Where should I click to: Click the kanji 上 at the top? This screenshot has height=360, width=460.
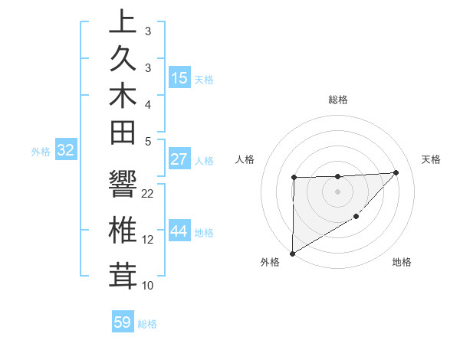(x=123, y=23)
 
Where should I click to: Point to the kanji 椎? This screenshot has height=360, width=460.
(x=123, y=230)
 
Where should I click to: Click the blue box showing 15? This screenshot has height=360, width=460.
(x=179, y=78)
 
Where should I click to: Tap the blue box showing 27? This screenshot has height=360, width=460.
(x=179, y=160)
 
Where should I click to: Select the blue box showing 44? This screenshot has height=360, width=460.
(x=179, y=231)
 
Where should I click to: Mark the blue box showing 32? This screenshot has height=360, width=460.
(x=66, y=151)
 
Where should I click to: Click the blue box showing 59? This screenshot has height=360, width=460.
(x=123, y=322)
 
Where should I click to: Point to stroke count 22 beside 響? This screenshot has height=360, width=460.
(x=148, y=194)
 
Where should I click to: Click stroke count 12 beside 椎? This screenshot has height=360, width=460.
(x=148, y=240)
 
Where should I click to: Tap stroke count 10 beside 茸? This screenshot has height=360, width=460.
(x=148, y=286)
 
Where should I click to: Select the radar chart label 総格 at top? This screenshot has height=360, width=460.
(x=337, y=100)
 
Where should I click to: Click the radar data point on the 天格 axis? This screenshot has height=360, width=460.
(x=396, y=172)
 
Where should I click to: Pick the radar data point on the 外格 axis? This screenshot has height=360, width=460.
(x=292, y=253)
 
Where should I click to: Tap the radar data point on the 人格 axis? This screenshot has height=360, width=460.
(x=294, y=178)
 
